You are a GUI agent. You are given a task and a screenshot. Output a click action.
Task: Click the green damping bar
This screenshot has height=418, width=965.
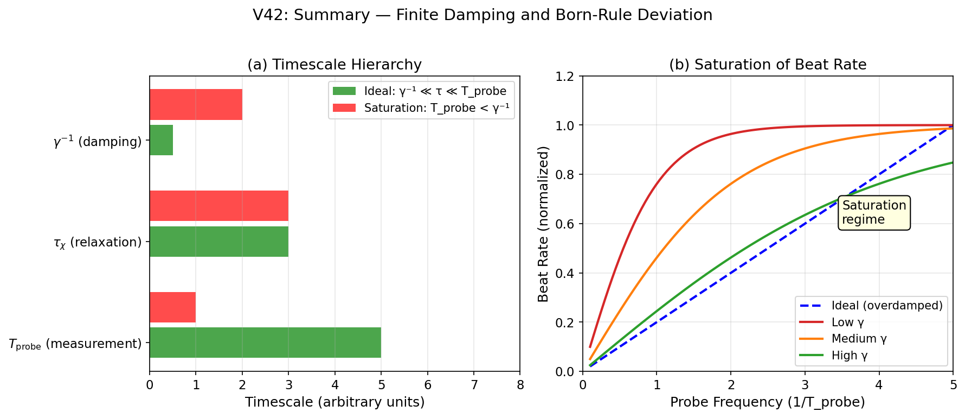161,140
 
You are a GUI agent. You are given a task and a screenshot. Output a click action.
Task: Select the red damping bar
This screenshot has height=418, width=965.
196,104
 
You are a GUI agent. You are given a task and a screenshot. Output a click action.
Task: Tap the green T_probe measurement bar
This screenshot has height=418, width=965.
265,343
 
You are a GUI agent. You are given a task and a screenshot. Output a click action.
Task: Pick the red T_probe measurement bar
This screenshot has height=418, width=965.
172,307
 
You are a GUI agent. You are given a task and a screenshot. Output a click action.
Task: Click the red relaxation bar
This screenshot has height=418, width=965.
218,206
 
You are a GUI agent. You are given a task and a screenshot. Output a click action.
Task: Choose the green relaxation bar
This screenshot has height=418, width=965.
218,242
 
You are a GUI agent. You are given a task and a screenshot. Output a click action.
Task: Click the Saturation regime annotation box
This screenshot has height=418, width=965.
874,213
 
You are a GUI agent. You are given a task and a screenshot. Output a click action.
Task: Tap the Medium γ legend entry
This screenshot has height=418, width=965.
859,339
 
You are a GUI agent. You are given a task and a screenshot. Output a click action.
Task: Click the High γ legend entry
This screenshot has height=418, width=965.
849,356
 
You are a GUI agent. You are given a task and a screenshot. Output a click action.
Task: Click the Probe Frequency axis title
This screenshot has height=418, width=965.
767,402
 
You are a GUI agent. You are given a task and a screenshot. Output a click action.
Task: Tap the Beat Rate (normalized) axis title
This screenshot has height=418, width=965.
543,224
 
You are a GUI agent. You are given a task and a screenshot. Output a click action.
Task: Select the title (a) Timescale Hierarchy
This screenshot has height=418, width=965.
334,65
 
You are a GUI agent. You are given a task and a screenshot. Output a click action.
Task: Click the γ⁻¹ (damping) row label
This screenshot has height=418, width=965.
98,142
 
